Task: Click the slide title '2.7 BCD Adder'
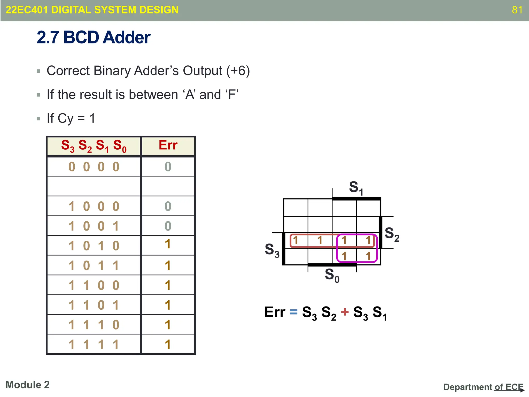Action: tap(93, 37)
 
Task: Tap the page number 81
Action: tap(517, 10)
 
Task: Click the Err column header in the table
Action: tap(168, 145)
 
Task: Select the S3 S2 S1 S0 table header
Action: tap(94, 146)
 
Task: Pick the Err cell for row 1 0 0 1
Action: tap(168, 226)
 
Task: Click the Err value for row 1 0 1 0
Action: tap(168, 244)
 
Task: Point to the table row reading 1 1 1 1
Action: tap(94, 345)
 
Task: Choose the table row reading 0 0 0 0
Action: tap(94, 167)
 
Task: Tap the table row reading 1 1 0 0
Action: tap(94, 285)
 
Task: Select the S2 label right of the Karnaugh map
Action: tap(392, 234)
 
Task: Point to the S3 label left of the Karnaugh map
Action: tap(272, 250)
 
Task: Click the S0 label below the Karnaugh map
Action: tap(332, 275)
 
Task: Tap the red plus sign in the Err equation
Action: tap(345, 312)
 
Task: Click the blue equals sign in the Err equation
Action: tap(293, 312)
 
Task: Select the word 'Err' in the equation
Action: tap(275, 312)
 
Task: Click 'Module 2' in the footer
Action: tap(27, 385)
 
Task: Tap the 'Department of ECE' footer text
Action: tap(483, 387)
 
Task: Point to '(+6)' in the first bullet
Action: tap(238, 71)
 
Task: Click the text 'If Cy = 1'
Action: tap(71, 118)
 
